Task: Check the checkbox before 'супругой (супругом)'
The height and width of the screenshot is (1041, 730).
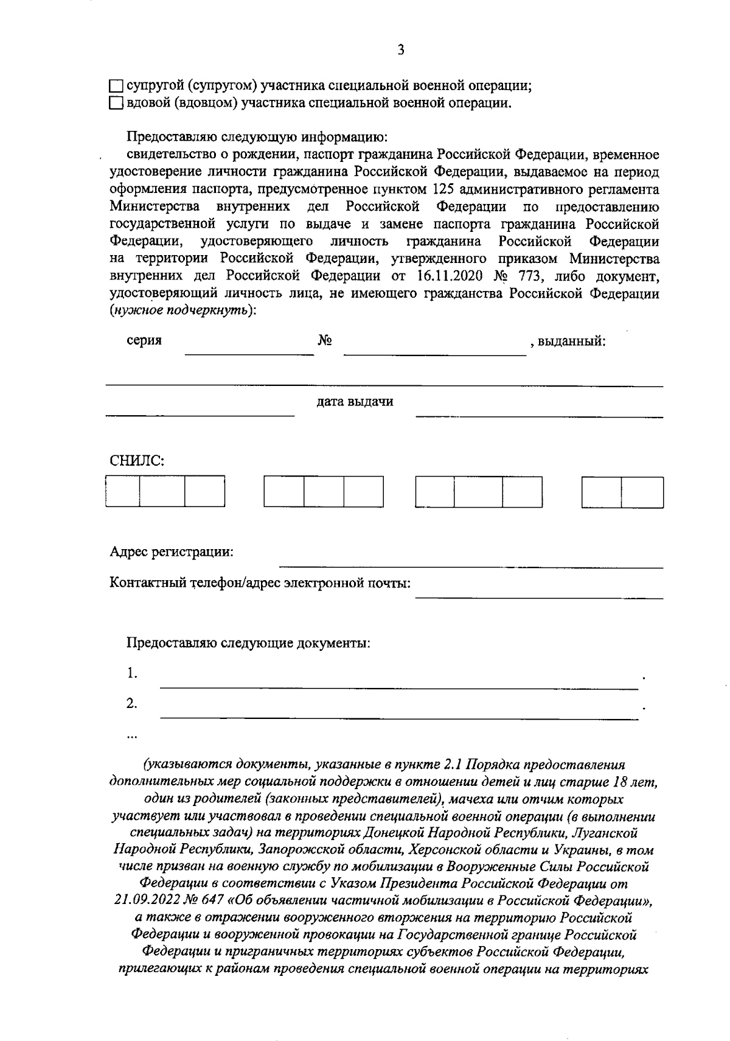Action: click(116, 86)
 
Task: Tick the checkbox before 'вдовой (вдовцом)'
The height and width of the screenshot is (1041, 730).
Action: click(116, 104)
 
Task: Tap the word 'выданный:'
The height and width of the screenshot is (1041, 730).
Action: click(571, 341)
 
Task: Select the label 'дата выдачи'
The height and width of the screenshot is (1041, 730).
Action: click(355, 402)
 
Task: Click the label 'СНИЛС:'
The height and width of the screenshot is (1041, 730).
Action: click(137, 461)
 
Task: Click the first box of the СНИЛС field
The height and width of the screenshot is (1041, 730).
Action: click(123, 492)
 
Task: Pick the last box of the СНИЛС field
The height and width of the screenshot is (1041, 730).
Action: click(642, 492)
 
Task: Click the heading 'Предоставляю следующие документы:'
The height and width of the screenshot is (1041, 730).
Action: click(248, 643)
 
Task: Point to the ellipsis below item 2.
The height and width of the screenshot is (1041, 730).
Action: click(131, 736)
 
